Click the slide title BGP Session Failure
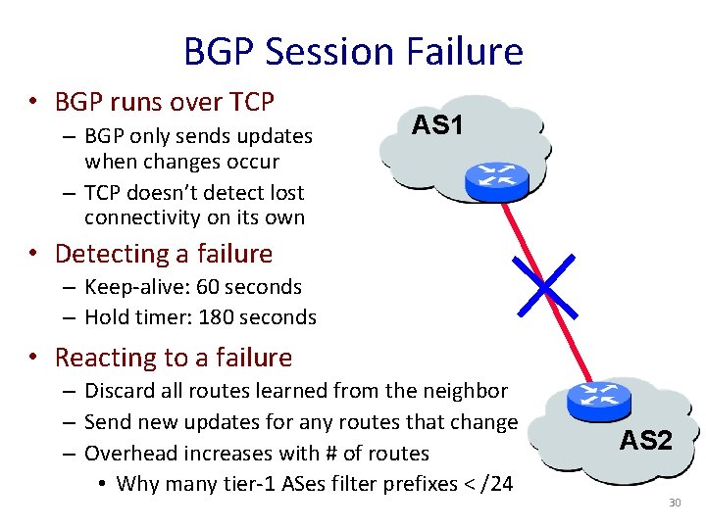click(353, 50)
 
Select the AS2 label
click(645, 440)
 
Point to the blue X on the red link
click(541, 283)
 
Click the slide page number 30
click(674, 503)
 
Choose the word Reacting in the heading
click(102, 358)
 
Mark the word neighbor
click(468, 392)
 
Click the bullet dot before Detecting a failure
click(34, 254)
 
